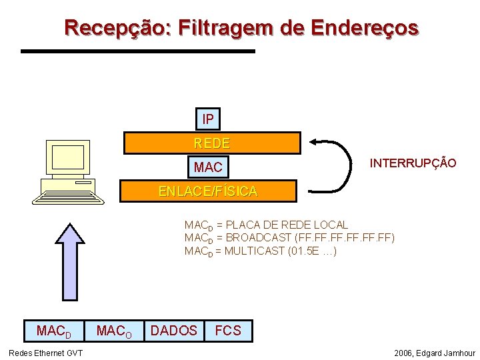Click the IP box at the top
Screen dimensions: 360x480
208,119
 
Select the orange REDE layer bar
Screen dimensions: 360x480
212,143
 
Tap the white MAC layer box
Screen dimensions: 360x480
208,165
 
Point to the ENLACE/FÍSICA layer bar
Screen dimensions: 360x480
207,191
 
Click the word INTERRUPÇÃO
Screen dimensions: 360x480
413,163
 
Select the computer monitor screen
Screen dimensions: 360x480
67,157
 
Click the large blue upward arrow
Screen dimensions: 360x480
70,260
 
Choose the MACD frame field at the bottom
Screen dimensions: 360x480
53,331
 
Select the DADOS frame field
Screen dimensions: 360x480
174,331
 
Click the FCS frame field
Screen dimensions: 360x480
228,331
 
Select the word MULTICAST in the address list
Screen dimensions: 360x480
253,251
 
